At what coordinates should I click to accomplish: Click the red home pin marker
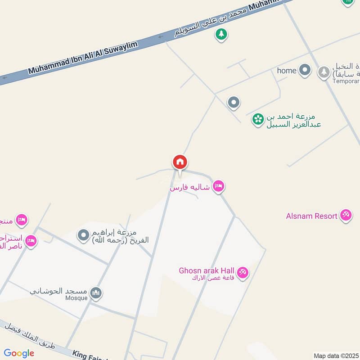[180, 162]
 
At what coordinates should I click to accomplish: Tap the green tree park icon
[221, 34]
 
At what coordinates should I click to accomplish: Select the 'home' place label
[287, 71]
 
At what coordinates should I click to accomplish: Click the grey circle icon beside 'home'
[306, 70]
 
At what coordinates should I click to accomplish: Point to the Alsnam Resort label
[311, 216]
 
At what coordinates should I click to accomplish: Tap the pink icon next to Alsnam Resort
[346, 216]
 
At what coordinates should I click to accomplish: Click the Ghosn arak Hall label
[207, 270]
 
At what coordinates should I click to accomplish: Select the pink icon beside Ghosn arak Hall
[243, 273]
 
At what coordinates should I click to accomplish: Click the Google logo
[19, 353]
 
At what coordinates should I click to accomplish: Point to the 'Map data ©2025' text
[336, 355]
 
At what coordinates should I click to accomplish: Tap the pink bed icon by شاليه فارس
[219, 186]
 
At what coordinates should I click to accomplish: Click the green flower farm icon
[258, 119]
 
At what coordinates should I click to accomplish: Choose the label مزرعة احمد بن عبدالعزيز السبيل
[293, 120]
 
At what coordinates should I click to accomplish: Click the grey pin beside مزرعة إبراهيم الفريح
[83, 235]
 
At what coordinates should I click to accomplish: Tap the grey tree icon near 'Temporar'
[324, 72]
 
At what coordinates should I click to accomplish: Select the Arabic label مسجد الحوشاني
[59, 290]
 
